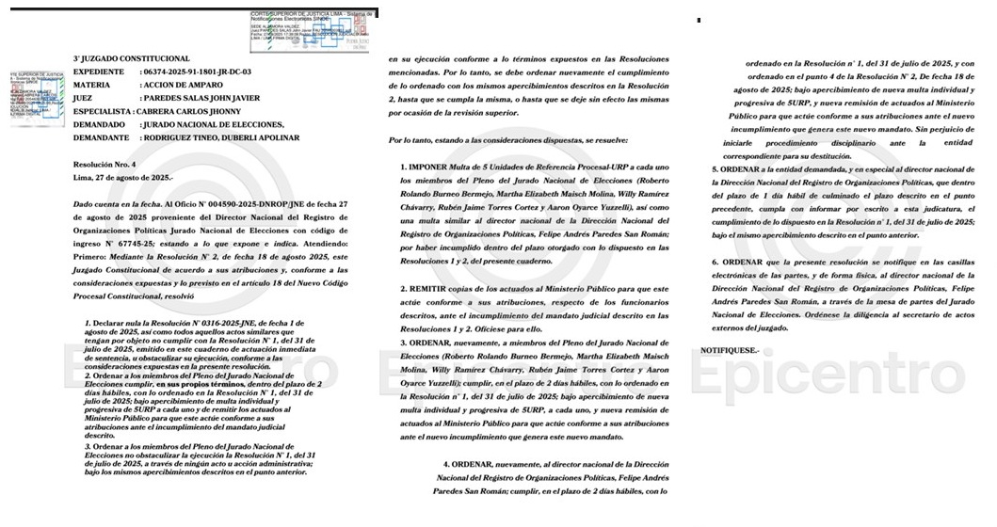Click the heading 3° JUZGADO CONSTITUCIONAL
coord(131,58)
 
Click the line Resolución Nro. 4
coord(105,164)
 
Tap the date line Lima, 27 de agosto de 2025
coord(123,177)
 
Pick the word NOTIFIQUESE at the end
coord(735,350)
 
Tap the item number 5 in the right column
coord(715,168)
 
